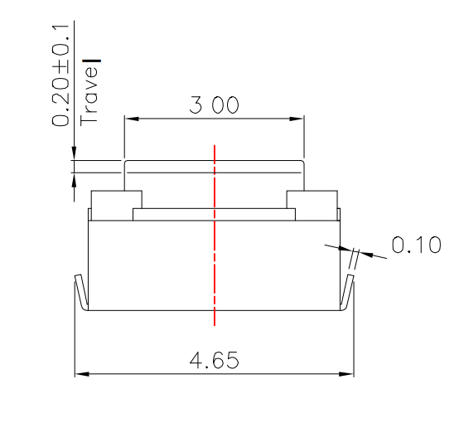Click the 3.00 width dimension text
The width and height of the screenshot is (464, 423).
click(x=214, y=106)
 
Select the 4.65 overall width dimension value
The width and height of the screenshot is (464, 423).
click(x=214, y=361)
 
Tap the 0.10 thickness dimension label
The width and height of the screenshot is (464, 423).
click(x=415, y=246)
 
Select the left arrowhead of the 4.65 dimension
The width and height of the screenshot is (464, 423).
click(x=80, y=375)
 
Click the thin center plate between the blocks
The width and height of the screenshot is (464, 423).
click(x=215, y=215)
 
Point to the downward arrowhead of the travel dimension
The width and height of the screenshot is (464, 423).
click(x=74, y=153)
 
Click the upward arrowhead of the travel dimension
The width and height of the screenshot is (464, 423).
click(x=74, y=177)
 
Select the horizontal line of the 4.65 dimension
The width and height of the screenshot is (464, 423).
click(x=166, y=375)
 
